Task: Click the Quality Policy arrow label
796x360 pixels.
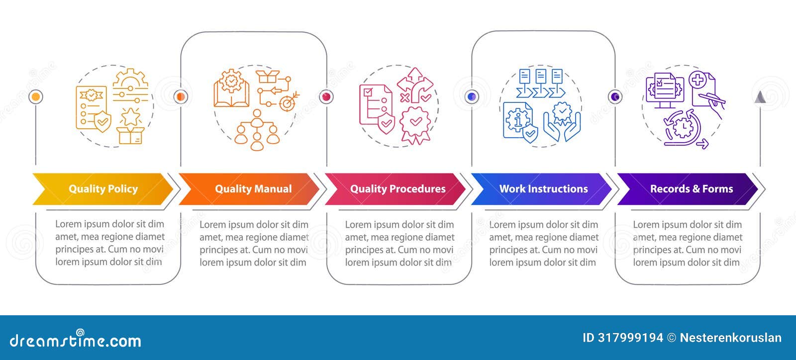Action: (x=103, y=189)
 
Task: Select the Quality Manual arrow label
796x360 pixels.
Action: (x=253, y=189)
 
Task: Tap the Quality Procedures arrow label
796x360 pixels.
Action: (x=398, y=189)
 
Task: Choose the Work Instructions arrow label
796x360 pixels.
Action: (x=543, y=189)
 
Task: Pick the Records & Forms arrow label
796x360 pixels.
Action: (x=691, y=189)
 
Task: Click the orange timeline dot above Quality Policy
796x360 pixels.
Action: (x=36, y=96)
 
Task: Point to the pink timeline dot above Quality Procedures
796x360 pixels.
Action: (x=326, y=96)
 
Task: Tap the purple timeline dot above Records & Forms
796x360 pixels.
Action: (x=615, y=96)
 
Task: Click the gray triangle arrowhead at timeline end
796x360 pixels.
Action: (x=760, y=97)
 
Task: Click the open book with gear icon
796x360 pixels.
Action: (x=231, y=90)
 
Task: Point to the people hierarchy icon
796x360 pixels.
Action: (x=257, y=130)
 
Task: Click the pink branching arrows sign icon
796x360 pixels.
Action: (x=415, y=85)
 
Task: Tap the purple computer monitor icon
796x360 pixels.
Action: (x=664, y=90)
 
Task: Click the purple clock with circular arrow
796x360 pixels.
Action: (x=683, y=128)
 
